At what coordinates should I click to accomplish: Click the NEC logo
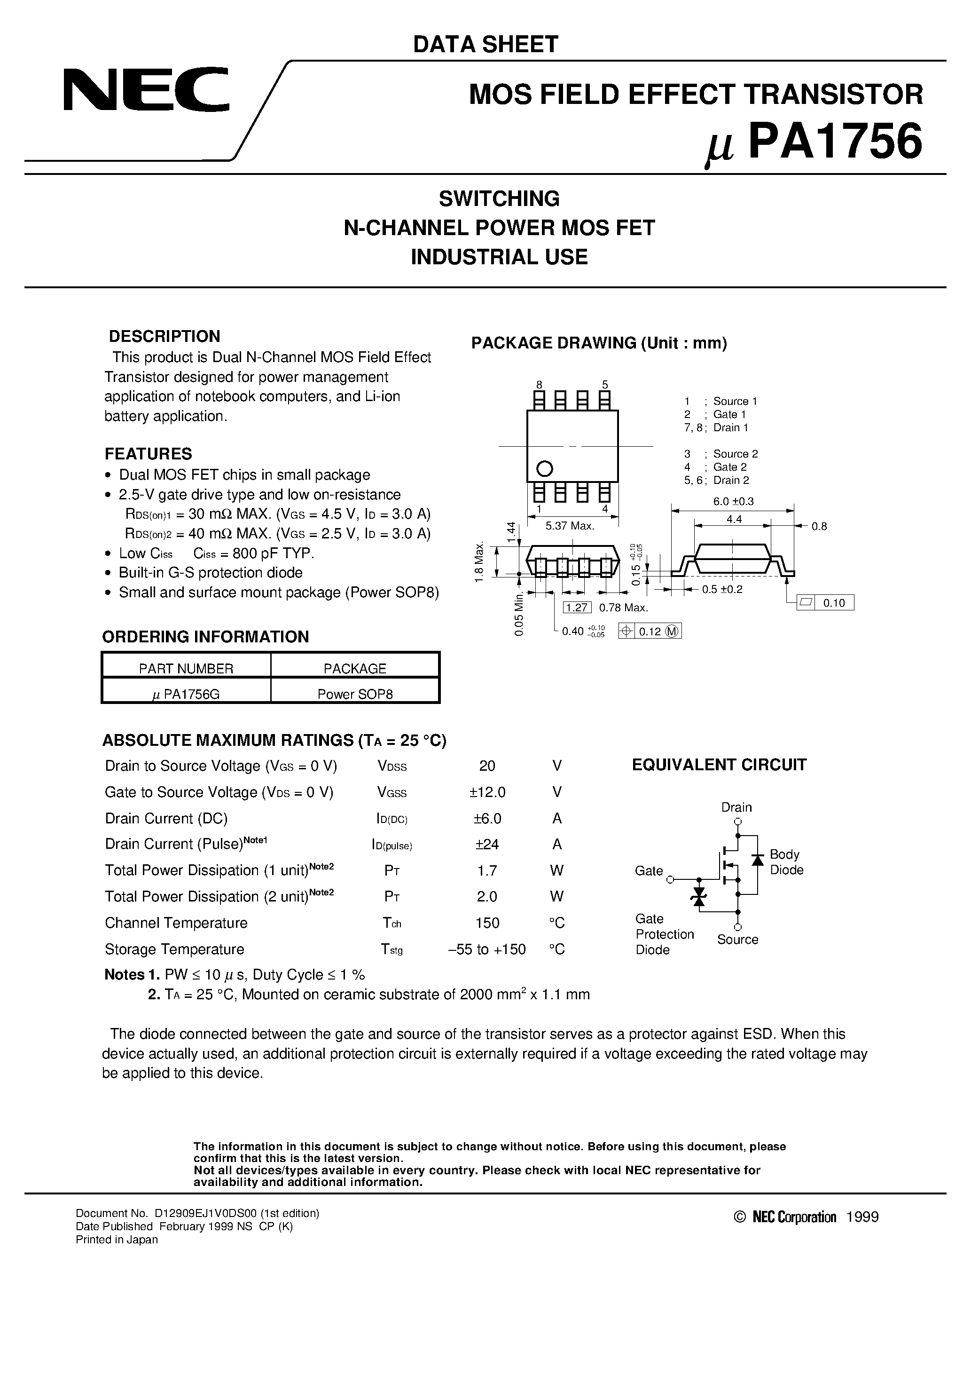[146, 89]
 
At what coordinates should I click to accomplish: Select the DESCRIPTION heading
[164, 336]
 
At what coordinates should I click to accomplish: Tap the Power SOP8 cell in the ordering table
[355, 694]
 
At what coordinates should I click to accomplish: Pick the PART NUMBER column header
[186, 668]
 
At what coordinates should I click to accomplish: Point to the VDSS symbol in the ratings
[392, 767]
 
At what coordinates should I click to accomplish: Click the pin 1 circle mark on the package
[545, 468]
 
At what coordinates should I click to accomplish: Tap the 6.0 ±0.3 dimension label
[733, 501]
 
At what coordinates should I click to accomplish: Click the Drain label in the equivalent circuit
[736, 807]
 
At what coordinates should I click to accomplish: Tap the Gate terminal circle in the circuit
[671, 879]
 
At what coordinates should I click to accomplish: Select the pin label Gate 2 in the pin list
[729, 467]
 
